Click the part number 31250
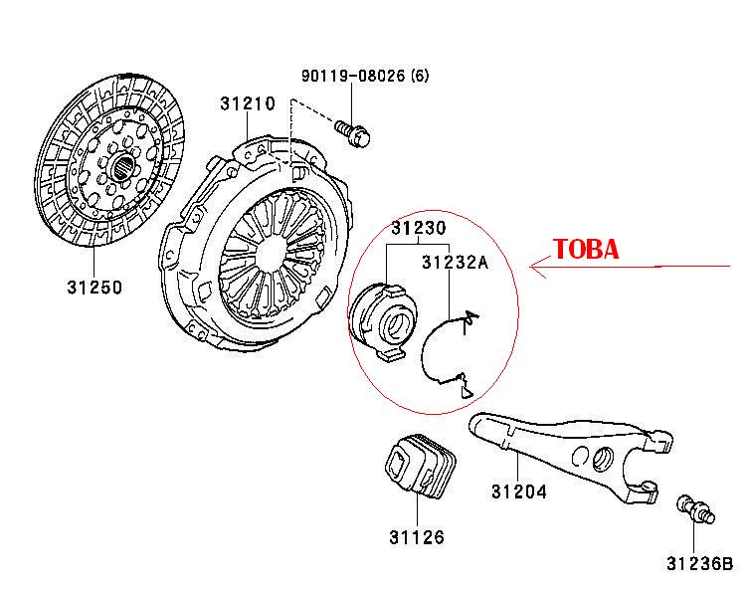pyautogui.click(x=94, y=288)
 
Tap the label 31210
pyautogui.click(x=249, y=102)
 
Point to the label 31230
pyautogui.click(x=418, y=228)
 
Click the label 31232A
pyautogui.click(x=455, y=263)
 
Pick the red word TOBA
pyautogui.click(x=586, y=249)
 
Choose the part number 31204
pyautogui.click(x=518, y=492)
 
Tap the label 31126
pyautogui.click(x=417, y=538)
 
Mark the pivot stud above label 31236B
pyautogui.click(x=690, y=510)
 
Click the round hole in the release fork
pyautogui.click(x=600, y=460)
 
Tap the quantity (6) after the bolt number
pyautogui.click(x=419, y=76)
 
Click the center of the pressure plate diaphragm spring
pyautogui.click(x=268, y=255)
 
